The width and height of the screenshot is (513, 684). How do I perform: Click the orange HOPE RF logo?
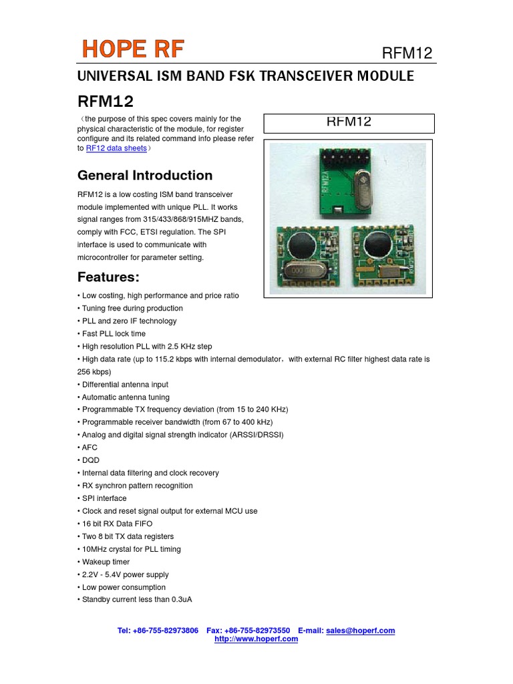[x=133, y=49]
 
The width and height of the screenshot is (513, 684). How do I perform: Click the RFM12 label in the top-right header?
[x=407, y=53]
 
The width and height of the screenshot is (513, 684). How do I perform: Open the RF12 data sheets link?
[x=116, y=148]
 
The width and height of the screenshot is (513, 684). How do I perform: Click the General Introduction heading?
[x=145, y=176]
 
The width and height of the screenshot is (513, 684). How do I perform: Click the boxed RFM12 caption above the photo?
[x=348, y=122]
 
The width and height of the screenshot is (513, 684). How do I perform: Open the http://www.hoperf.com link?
[x=256, y=639]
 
